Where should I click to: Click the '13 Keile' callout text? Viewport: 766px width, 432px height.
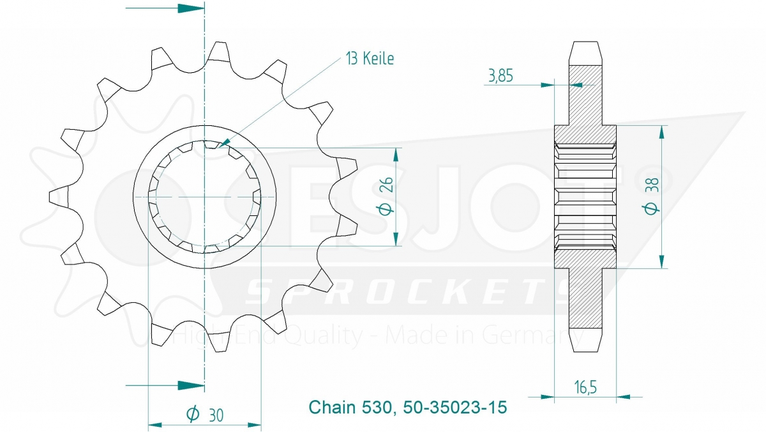(x=370, y=59)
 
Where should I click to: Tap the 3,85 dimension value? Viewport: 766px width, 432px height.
(x=500, y=75)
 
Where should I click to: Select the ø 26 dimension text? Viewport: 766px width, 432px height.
(x=386, y=196)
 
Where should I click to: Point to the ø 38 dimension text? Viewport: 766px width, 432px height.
(x=652, y=196)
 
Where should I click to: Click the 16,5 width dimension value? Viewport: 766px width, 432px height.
(x=585, y=387)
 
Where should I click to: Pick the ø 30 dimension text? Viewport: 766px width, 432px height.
(x=205, y=415)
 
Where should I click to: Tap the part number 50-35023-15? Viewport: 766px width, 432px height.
(x=454, y=407)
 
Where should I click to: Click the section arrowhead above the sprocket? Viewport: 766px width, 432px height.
(x=191, y=8)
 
